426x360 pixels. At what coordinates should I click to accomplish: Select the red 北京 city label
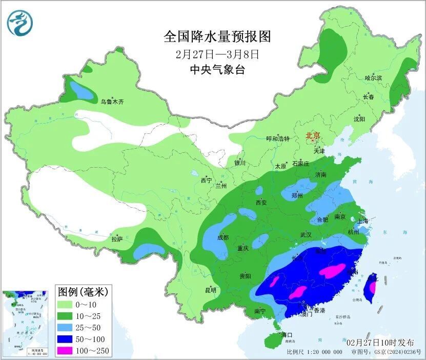(x=312, y=136)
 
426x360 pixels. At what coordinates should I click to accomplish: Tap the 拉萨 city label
(x=117, y=238)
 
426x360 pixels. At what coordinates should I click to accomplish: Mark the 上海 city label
(x=363, y=221)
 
